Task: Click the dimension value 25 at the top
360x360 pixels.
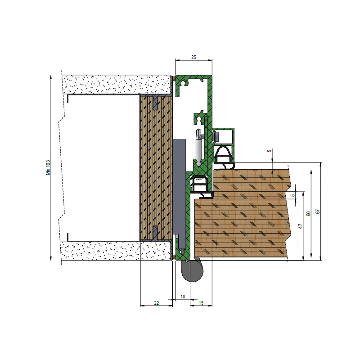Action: [193, 57]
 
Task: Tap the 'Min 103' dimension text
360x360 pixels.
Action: [48, 167]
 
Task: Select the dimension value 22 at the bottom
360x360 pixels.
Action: [156, 303]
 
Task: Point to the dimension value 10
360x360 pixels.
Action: [183, 297]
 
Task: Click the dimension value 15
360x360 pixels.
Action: [201, 303]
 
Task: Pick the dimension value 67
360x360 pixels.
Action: [318, 211]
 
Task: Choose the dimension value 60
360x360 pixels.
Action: [309, 213]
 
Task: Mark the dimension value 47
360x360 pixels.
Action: [301, 226]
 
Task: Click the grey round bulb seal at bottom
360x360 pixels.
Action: [193, 271]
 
